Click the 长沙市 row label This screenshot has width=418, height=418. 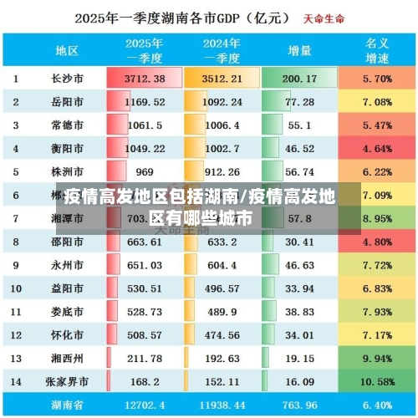coord(67,79)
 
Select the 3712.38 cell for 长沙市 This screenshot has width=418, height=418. coord(145,79)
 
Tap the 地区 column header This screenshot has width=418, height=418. coord(67,50)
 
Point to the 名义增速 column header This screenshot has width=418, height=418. coord(378,50)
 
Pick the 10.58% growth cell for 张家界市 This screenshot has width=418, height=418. coord(378,382)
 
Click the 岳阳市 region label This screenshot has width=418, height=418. coord(67,102)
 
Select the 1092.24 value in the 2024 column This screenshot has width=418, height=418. coord(221,102)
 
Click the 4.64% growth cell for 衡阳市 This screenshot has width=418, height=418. coord(378,149)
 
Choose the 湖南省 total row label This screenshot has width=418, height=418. coord(67,405)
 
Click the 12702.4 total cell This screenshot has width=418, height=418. coord(145,405)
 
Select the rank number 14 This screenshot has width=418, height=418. coord(16,382)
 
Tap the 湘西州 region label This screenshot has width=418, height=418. coord(67,359)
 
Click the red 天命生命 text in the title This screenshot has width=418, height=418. coord(325,17)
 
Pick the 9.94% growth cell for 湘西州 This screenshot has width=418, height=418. coord(378,359)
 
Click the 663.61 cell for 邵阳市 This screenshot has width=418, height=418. coord(145,242)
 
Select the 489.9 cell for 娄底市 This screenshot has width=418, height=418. coord(221,312)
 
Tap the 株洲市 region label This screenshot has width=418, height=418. coord(67,172)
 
